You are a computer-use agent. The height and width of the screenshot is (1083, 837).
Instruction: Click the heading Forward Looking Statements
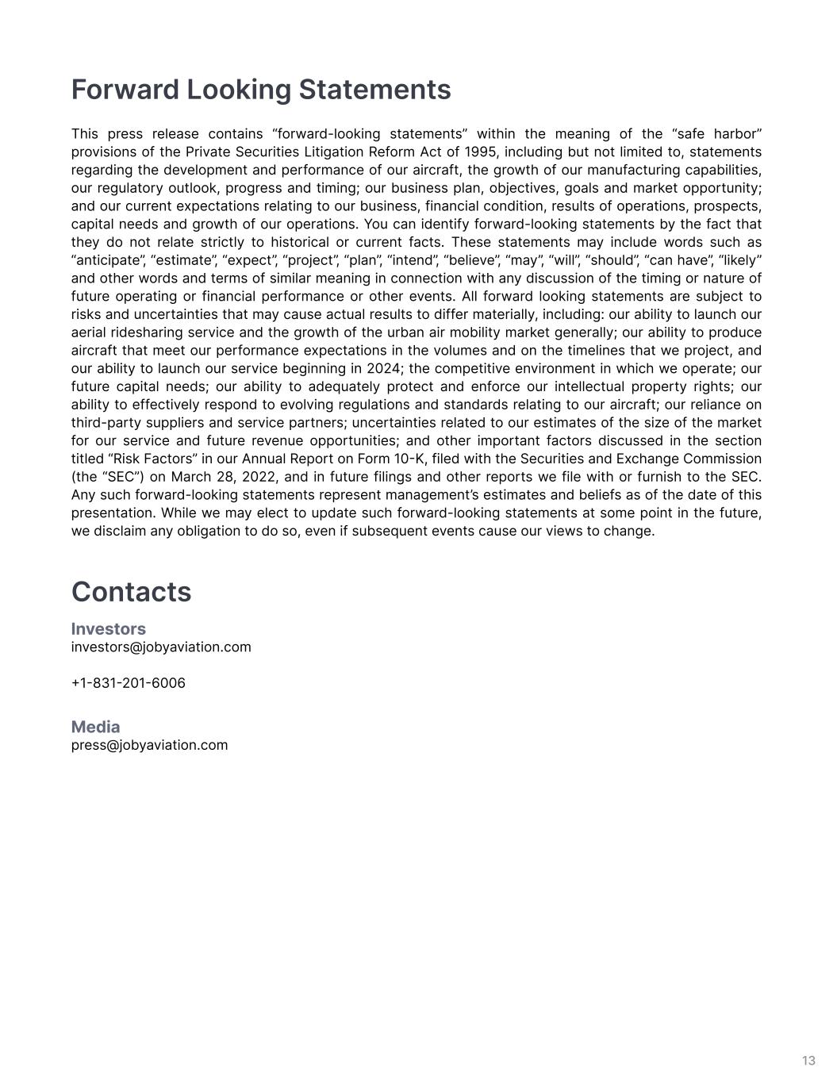tap(261, 90)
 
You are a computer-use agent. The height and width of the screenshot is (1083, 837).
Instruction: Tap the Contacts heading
tap(131, 592)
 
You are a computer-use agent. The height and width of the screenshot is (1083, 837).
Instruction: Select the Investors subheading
tap(109, 628)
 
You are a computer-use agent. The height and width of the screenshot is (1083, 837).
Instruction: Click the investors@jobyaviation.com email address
tap(161, 647)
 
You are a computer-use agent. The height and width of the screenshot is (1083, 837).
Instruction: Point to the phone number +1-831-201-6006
tap(129, 683)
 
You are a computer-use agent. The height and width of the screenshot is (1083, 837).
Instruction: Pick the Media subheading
tap(96, 727)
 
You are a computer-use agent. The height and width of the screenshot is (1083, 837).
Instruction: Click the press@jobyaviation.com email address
tap(149, 745)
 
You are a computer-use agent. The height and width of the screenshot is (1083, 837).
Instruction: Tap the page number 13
tap(808, 1061)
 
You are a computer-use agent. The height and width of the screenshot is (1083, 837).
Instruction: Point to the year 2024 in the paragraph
tap(384, 368)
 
